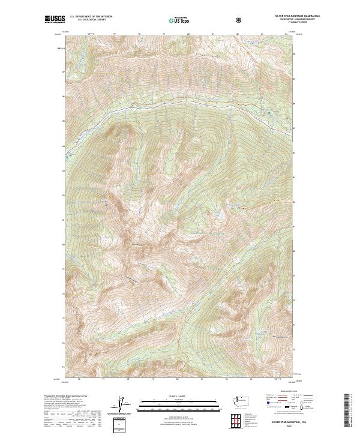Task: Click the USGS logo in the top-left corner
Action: tap(54, 19)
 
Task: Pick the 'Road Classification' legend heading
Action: tap(285, 392)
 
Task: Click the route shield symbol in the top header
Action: tap(241, 19)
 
